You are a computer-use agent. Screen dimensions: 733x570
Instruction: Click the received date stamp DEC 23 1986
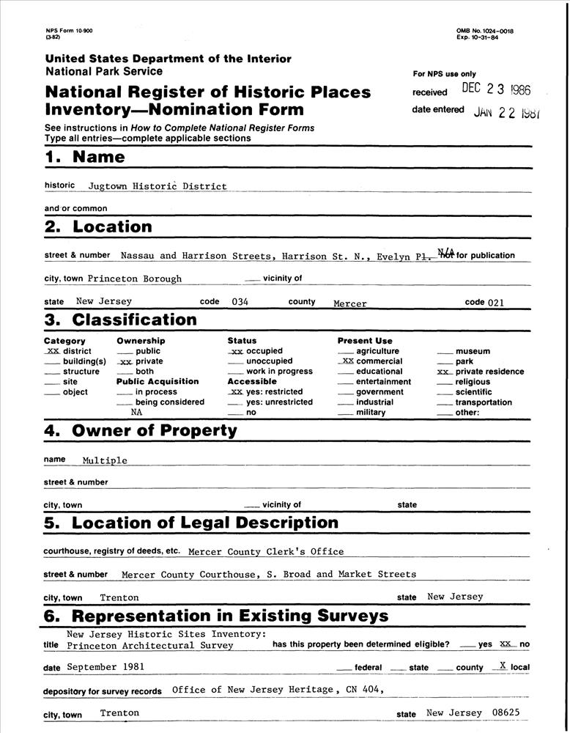tap(496, 90)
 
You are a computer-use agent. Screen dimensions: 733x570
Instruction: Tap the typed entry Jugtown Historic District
tap(158, 186)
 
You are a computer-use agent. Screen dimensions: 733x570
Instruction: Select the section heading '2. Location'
tap(98, 227)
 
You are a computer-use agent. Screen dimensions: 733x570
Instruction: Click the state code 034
tap(240, 302)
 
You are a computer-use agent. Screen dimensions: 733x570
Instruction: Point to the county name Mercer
tap(350, 303)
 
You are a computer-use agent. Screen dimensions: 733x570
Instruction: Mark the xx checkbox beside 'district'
tap(52, 351)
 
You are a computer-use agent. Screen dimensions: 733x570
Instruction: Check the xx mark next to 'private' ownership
tap(125, 361)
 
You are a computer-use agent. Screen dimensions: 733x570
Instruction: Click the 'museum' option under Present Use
tap(473, 351)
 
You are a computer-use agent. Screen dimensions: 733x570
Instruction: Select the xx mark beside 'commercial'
tap(347, 361)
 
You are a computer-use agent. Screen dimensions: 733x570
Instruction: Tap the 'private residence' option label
tap(489, 372)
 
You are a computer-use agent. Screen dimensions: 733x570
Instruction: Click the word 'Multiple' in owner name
tap(105, 460)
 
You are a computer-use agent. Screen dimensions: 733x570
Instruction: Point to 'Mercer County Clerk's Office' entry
tap(266, 551)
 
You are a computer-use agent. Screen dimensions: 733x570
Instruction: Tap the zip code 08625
tap(508, 712)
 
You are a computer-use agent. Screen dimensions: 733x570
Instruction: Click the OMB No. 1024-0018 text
tap(484, 31)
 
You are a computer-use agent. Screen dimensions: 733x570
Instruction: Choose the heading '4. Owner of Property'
tap(140, 431)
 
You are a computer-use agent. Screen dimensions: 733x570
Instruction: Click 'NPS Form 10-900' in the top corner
tap(69, 30)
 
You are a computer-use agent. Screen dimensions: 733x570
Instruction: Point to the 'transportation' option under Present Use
tap(484, 402)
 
